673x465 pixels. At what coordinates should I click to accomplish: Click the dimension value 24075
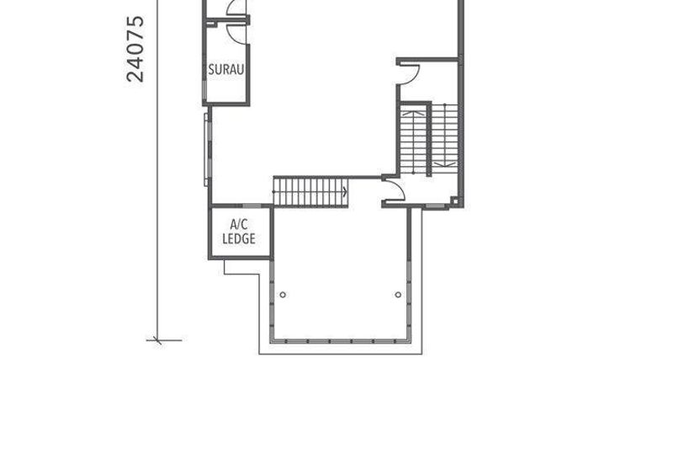click(135, 49)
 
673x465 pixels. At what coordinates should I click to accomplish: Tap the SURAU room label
click(225, 69)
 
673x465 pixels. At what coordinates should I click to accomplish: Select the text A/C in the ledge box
click(239, 224)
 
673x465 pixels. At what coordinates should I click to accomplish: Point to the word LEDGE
click(239, 239)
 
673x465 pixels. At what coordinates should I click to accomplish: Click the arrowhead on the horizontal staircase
click(345, 192)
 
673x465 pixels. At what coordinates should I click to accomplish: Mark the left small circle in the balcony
click(283, 295)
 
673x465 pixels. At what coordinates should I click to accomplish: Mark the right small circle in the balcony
click(398, 295)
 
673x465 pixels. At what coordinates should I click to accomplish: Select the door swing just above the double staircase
click(410, 74)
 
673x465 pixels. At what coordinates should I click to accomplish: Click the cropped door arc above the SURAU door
click(236, 8)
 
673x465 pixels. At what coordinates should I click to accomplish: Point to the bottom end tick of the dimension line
click(158, 340)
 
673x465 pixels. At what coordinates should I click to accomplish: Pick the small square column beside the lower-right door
click(454, 200)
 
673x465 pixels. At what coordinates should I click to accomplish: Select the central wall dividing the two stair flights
click(429, 140)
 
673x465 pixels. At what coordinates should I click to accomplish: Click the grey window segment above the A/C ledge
click(252, 206)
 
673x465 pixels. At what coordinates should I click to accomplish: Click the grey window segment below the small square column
click(435, 208)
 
